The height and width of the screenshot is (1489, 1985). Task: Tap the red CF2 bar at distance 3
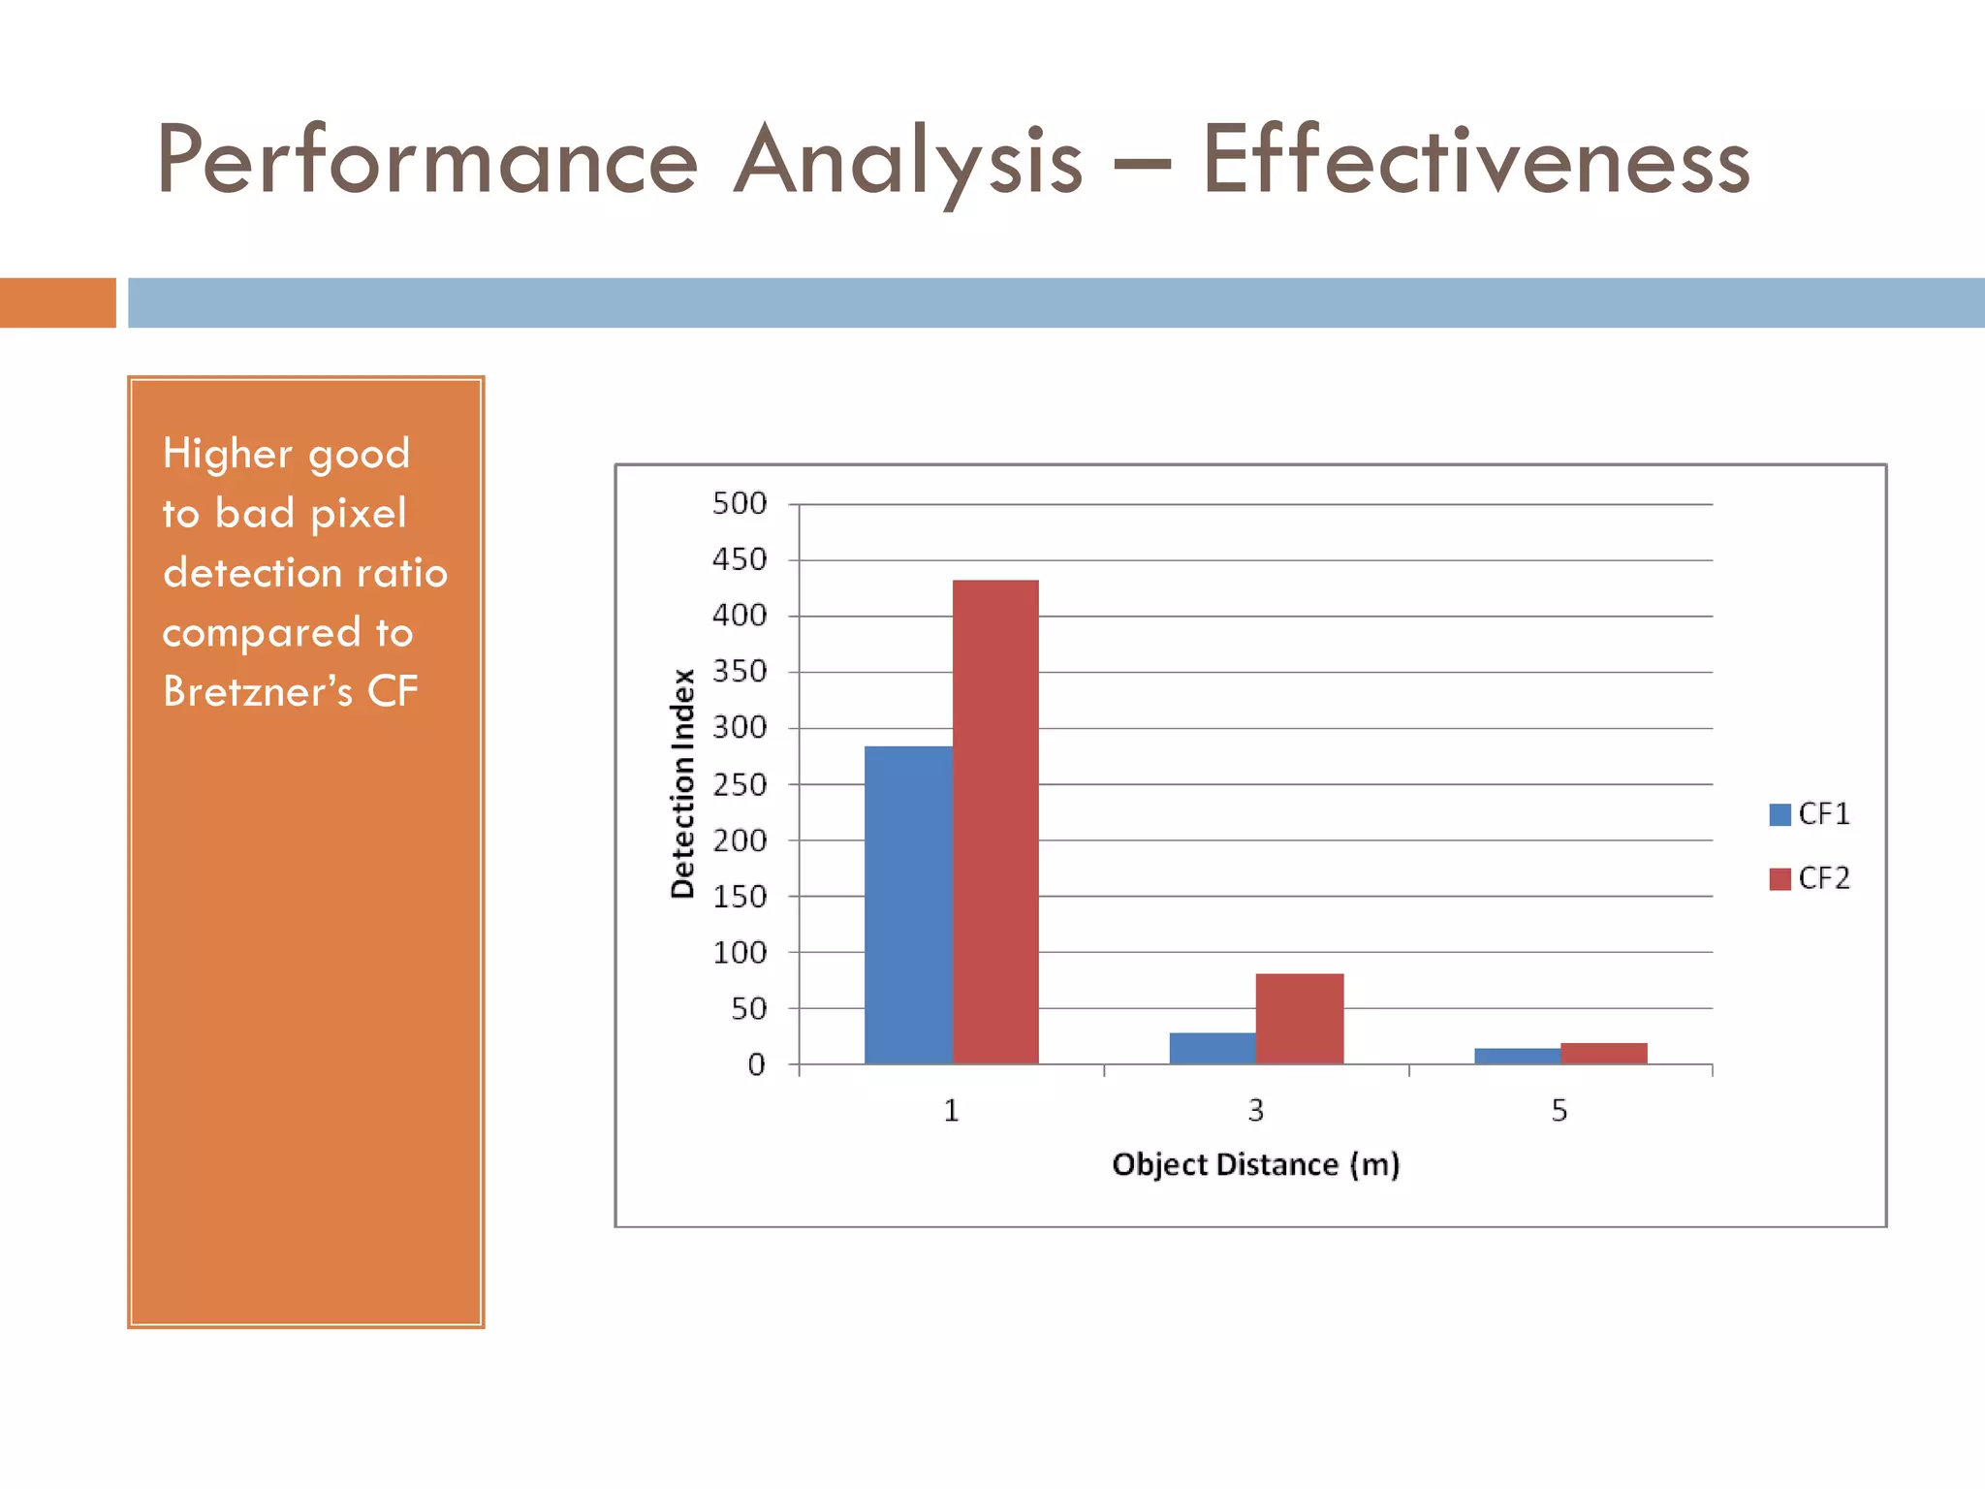coord(1300,1019)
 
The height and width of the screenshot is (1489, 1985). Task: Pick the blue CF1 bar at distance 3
coord(1213,1048)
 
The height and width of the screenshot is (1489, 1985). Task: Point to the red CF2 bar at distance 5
coord(1604,1054)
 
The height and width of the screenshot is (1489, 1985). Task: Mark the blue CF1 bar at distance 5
coord(1517,1056)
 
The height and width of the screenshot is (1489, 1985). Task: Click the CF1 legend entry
coord(1810,814)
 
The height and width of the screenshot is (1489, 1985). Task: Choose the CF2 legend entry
coord(1810,878)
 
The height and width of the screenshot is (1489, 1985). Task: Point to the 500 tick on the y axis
coord(740,504)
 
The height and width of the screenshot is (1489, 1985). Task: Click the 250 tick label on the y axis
coord(740,784)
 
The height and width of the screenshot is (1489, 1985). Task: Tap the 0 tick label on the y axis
coord(756,1065)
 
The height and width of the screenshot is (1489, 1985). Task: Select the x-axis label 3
coord(1255,1110)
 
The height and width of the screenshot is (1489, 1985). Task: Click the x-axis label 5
coord(1559,1110)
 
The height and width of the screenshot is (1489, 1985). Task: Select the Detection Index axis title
coord(683,783)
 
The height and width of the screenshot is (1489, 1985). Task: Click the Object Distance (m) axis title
coord(1255,1164)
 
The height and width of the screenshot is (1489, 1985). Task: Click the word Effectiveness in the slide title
coord(1476,160)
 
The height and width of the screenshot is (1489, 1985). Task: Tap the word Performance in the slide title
coord(426,160)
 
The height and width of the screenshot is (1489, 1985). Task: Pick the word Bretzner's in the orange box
coord(258,691)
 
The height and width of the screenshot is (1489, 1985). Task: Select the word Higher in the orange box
coord(227,454)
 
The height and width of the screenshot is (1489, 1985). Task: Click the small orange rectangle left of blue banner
coord(58,302)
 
